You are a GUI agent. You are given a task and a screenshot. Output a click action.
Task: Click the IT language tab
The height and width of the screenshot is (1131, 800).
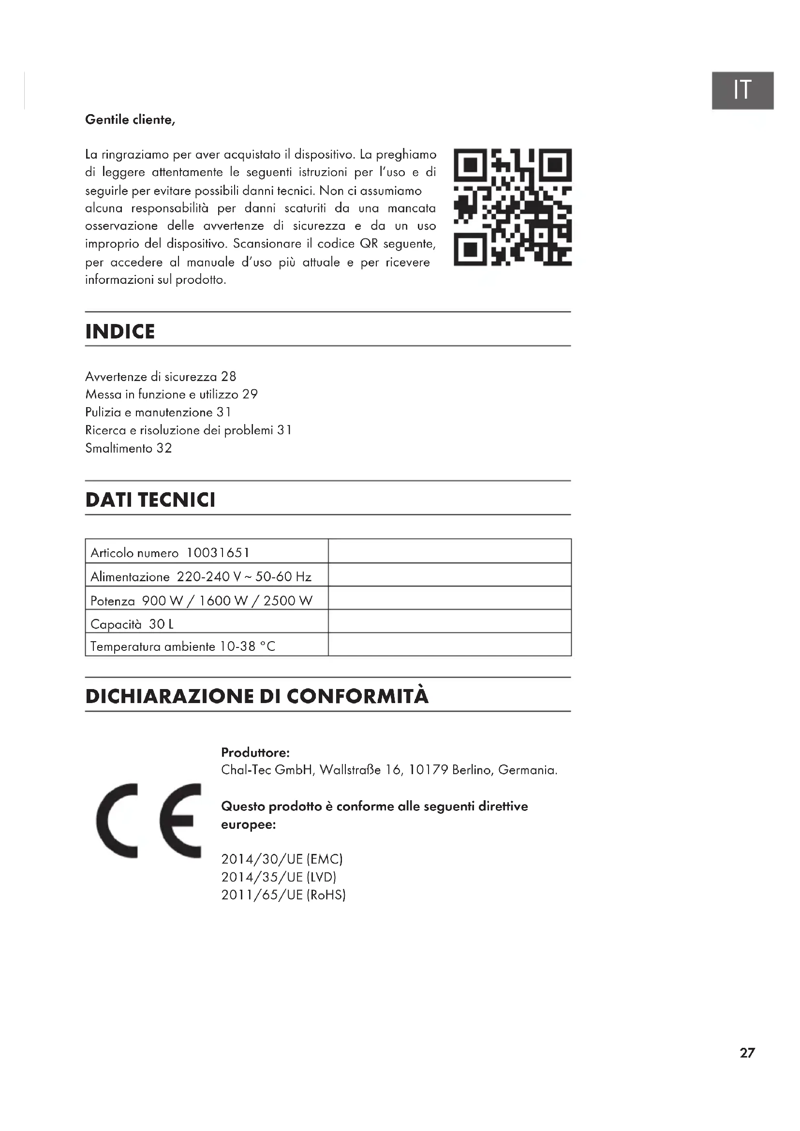(x=742, y=90)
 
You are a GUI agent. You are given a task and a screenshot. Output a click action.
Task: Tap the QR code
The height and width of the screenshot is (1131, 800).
(x=512, y=207)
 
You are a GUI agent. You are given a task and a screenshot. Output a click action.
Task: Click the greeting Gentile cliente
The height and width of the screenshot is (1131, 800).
(x=130, y=120)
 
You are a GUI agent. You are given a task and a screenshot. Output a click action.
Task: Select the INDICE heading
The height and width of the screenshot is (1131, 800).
(x=120, y=332)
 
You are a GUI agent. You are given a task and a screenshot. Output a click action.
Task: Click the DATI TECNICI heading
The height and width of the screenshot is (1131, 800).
(x=150, y=499)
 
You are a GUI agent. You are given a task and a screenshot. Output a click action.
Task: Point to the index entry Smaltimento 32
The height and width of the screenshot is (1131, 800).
(x=129, y=448)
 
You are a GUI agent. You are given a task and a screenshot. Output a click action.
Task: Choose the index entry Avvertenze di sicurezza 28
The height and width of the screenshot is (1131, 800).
(x=161, y=377)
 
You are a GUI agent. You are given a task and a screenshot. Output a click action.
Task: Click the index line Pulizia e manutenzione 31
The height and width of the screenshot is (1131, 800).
(x=158, y=412)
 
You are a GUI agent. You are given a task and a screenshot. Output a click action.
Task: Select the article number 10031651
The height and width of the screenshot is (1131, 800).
(x=218, y=553)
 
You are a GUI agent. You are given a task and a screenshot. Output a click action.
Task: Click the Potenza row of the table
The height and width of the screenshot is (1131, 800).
(x=202, y=601)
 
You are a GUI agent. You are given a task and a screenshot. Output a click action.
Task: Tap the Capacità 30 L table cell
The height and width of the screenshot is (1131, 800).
(x=132, y=624)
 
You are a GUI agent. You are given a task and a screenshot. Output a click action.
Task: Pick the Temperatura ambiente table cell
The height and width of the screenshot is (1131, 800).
(x=183, y=646)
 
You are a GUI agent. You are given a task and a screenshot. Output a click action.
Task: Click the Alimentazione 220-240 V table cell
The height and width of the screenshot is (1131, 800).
(x=201, y=576)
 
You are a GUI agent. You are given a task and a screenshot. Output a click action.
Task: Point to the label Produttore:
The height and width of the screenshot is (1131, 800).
(x=255, y=752)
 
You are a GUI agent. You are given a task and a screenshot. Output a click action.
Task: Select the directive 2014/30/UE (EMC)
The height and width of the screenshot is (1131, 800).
(x=282, y=859)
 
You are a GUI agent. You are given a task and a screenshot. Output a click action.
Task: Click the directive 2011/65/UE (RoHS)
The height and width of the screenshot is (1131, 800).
(x=283, y=895)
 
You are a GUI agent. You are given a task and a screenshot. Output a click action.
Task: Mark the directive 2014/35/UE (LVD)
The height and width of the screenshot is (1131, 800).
(x=279, y=877)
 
